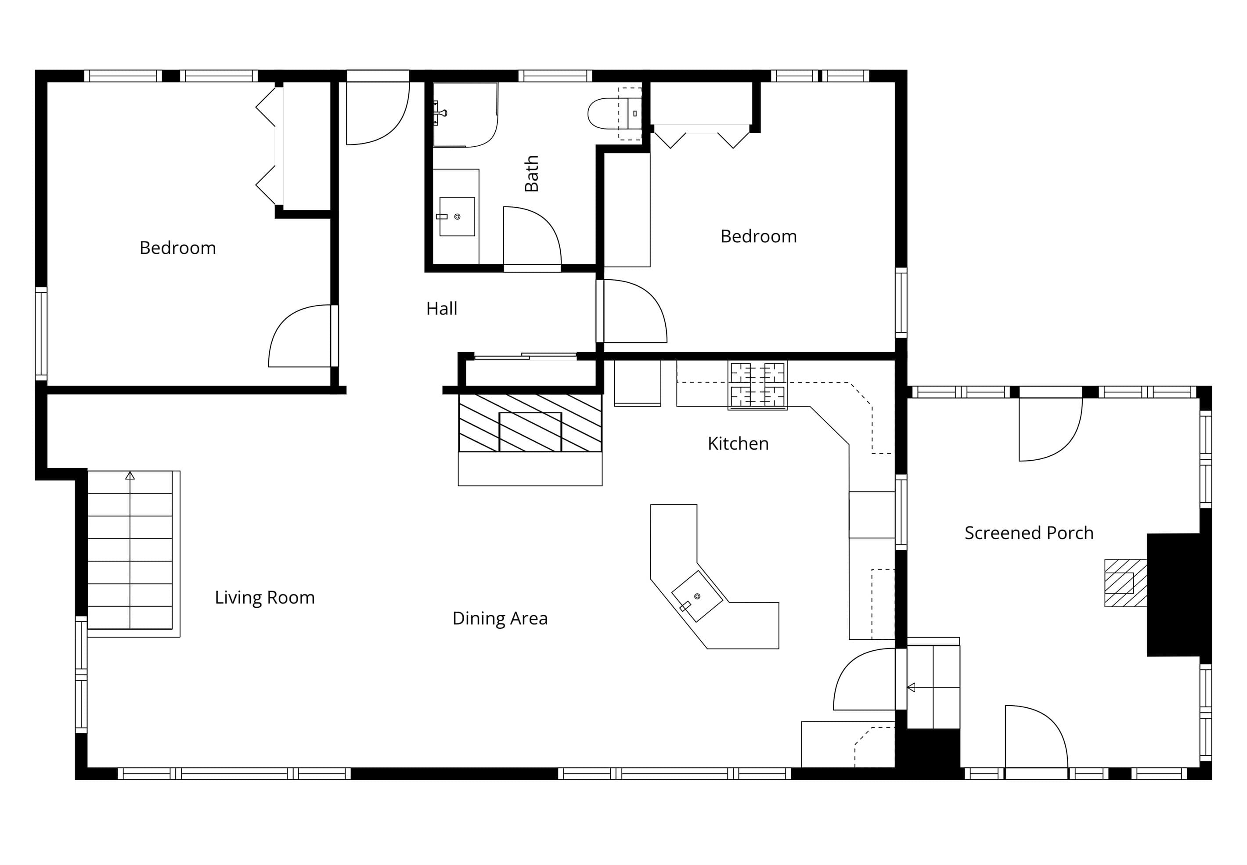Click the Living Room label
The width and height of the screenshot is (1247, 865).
coord(264,597)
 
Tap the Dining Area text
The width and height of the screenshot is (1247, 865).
coord(500,618)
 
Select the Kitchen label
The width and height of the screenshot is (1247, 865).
coord(738,444)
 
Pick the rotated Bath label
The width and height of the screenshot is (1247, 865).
coord(532,173)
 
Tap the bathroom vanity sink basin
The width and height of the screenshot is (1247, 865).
coord(457,216)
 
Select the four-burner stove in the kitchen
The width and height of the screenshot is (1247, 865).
coord(757,386)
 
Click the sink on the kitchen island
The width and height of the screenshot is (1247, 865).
coord(696,596)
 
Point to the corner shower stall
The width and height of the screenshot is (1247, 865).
coord(465,115)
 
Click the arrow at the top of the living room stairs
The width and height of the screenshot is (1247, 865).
coord(130,476)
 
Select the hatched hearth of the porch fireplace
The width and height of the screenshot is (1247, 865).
coord(1126,583)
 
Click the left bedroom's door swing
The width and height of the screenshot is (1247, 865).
coord(300,336)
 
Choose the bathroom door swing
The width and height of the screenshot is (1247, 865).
coord(532,236)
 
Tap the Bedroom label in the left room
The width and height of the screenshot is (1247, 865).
coord(178,248)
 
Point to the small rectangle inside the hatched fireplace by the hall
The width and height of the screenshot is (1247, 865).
coord(530,432)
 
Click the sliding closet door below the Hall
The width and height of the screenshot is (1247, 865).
coord(526,356)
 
